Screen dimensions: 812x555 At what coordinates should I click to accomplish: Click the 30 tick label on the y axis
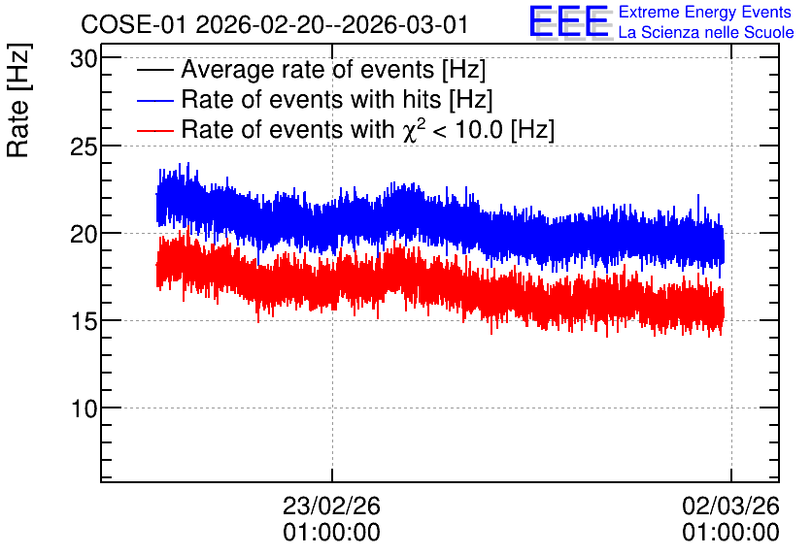84,59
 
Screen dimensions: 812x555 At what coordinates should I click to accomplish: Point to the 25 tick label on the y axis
84,147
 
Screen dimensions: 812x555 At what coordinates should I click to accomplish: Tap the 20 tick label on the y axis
84,234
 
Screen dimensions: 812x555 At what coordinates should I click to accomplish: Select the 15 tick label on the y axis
84,322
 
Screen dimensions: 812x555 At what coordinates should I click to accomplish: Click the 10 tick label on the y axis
84,409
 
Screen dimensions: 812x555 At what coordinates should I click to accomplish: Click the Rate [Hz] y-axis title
18,100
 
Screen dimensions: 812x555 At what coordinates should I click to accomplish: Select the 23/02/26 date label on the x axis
331,506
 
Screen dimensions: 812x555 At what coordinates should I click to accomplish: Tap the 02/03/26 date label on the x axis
730,506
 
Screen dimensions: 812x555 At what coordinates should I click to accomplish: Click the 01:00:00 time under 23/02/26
331,533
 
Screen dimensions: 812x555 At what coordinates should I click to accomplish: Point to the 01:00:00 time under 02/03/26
730,533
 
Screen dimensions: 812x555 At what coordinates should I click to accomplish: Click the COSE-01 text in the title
133,25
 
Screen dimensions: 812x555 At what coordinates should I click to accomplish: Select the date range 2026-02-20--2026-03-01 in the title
332,25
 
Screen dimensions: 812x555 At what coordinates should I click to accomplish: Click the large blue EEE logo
569,21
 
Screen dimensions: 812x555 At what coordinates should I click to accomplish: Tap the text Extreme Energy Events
705,12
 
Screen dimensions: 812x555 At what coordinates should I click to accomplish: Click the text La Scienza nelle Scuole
706,33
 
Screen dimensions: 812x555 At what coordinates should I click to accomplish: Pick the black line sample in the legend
154,70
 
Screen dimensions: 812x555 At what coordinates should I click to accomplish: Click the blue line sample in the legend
154,100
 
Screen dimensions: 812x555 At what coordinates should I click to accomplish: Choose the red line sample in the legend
154,130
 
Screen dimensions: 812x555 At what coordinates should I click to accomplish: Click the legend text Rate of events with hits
311,99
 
